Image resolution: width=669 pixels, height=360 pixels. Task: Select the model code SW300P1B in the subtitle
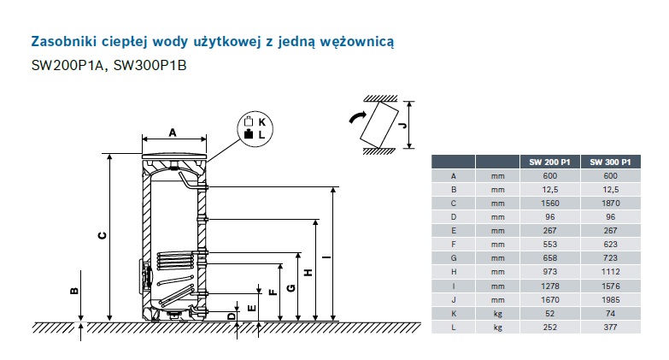[150, 65]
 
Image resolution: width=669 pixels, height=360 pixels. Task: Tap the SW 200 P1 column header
[549, 162]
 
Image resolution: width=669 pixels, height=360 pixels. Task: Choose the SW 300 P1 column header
[610, 162]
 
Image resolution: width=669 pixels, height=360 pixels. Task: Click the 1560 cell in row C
[550, 204]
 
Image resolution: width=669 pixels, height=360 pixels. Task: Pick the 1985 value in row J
[611, 300]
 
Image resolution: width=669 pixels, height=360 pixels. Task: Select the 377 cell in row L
[611, 328]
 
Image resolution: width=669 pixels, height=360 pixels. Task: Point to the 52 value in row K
[550, 314]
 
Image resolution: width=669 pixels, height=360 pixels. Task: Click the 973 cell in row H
[550, 272]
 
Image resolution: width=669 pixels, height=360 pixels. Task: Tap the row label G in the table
[454, 258]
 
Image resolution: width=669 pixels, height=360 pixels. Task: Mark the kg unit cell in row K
[498, 314]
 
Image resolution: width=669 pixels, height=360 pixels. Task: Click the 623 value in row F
[611, 245]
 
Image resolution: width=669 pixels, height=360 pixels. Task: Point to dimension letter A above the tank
[173, 133]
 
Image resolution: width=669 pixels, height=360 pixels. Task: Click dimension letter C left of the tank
[103, 235]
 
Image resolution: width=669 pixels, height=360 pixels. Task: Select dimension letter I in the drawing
[326, 257]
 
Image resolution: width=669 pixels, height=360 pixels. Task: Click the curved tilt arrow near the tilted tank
[357, 117]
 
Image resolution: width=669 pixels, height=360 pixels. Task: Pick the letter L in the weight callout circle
[261, 135]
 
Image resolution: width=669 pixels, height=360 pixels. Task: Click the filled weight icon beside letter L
[249, 134]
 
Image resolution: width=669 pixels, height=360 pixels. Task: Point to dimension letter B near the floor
[74, 292]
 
